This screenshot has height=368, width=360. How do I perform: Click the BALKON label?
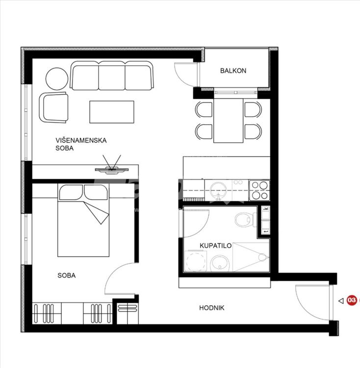click(233, 71)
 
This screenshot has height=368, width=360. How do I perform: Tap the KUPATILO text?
click(215, 246)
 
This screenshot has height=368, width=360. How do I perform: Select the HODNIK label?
click(211, 308)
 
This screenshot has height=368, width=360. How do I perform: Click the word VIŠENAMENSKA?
click(81, 140)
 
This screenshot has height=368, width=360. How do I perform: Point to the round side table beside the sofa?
click(57, 79)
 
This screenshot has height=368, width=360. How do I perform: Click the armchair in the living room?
click(54, 107)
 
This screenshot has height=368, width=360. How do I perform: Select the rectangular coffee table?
click(112, 112)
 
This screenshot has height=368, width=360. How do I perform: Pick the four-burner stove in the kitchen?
click(259, 190)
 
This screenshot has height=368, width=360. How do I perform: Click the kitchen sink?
click(218, 190)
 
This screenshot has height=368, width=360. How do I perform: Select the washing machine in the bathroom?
click(196, 261)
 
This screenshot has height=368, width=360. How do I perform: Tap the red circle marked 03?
click(351, 300)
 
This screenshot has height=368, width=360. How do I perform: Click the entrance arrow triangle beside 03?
click(341, 301)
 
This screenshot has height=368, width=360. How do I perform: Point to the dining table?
click(228, 120)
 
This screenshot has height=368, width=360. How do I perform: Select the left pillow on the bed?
click(71, 192)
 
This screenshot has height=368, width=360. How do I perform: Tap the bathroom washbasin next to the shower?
click(220, 263)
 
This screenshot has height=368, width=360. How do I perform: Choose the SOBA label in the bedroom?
click(67, 275)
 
